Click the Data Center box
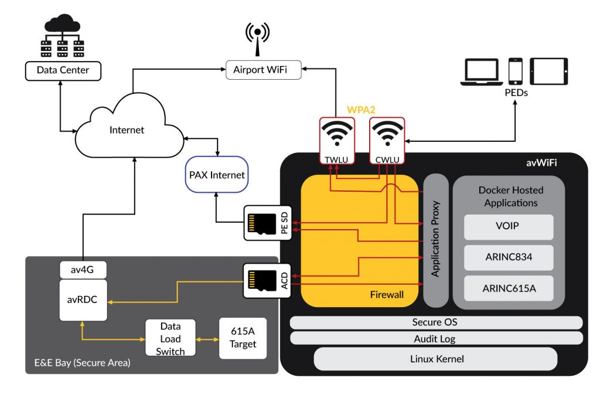pos(63,70)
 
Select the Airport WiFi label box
pos(263,70)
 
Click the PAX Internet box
pos(216,175)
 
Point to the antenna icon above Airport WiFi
pos(257,37)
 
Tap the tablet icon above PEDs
pos(548,71)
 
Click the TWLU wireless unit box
pos(337,141)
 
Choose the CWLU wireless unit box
pos(388,141)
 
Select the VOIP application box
pos(508,226)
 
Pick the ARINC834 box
pos(508,257)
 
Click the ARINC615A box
pos(508,288)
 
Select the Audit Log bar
pos(436,338)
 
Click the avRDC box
pos(83,300)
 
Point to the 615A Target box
pos(243,338)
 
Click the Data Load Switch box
pos(170,339)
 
